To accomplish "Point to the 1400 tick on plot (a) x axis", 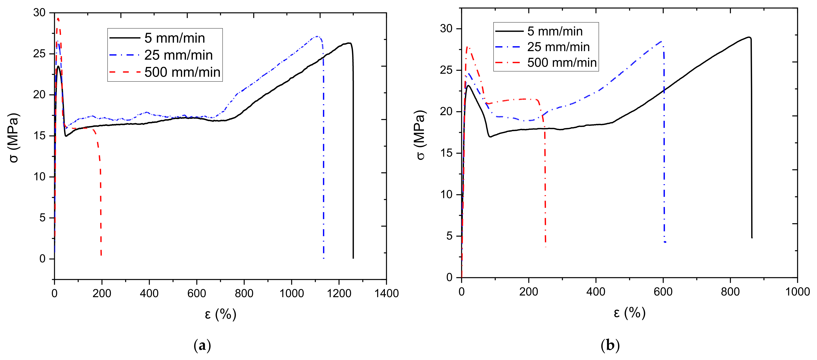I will (x=386, y=293).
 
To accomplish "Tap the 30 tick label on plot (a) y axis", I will (x=39, y=13).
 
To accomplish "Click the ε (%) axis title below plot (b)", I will (x=629, y=313).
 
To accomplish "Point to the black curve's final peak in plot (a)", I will (x=349, y=43).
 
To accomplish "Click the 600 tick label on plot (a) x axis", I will (x=197, y=293).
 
